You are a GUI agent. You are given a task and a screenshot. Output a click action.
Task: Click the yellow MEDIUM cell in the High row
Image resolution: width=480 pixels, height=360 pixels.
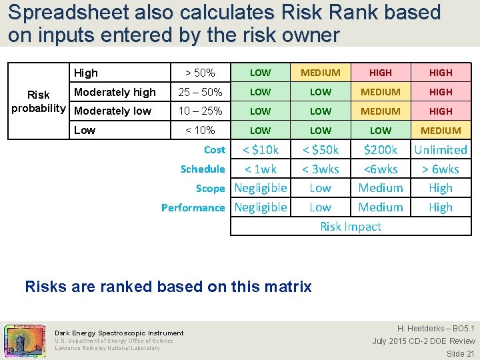pyautogui.click(x=320, y=73)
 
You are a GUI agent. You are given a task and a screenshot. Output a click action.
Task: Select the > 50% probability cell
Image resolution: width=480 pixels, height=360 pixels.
pyautogui.click(x=200, y=73)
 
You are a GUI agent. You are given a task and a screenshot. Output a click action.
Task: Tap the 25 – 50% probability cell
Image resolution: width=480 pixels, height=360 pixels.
pyautogui.click(x=200, y=92)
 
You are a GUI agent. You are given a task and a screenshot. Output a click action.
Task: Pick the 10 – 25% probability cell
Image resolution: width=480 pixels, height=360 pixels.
pyautogui.click(x=200, y=111)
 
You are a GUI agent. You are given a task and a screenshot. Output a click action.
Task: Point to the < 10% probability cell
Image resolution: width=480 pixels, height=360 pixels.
pyautogui.click(x=200, y=130)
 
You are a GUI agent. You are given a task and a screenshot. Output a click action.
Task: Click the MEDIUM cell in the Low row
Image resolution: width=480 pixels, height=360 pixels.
pyautogui.click(x=440, y=131)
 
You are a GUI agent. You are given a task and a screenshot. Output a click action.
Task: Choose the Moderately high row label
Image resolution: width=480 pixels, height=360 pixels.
pyautogui.click(x=115, y=92)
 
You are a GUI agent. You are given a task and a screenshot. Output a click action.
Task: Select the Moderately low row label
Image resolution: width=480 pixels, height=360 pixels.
pyautogui.click(x=113, y=111)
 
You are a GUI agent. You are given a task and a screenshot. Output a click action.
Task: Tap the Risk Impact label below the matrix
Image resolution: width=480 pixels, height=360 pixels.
pyautogui.click(x=351, y=227)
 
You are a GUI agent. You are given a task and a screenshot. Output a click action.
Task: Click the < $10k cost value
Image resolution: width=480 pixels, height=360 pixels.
pyautogui.click(x=261, y=150)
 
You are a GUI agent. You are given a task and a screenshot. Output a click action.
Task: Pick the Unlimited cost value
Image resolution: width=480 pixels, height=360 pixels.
pyautogui.click(x=440, y=150)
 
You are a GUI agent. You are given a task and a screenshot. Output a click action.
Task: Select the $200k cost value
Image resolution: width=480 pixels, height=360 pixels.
pyautogui.click(x=380, y=150)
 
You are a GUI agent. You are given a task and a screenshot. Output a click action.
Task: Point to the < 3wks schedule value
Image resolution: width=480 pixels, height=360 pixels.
pyautogui.click(x=320, y=169)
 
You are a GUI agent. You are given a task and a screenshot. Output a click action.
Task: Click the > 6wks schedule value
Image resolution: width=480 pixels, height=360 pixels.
pyautogui.click(x=440, y=169)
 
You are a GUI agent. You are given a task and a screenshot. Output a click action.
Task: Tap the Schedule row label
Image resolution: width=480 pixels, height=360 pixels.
pyautogui.click(x=203, y=169)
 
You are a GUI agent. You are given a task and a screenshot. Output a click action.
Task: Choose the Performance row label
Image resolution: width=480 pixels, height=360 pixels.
pyautogui.click(x=193, y=208)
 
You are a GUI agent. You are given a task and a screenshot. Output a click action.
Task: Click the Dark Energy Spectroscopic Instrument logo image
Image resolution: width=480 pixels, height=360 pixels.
pyautogui.click(x=25, y=341)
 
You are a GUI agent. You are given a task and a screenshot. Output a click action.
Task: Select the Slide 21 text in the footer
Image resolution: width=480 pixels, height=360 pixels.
pyautogui.click(x=460, y=353)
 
